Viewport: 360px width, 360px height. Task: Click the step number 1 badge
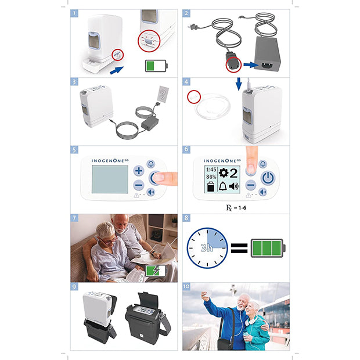(x=74, y=13)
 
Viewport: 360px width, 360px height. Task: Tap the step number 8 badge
(x=186, y=218)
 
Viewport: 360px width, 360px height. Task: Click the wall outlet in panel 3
(x=163, y=94)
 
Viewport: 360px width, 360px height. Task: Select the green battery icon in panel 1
(x=156, y=66)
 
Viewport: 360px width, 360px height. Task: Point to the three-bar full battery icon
(x=268, y=248)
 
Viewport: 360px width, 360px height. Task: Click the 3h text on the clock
(x=207, y=248)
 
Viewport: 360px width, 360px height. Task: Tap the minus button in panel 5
(x=138, y=185)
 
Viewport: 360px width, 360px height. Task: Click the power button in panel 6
(x=268, y=178)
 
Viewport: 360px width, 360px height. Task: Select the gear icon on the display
(x=223, y=172)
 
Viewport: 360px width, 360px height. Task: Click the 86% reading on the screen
(x=211, y=177)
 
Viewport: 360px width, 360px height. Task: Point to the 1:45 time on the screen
(x=211, y=170)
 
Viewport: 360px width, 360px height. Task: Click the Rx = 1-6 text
(x=236, y=208)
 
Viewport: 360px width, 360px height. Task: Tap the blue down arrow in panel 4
(x=239, y=84)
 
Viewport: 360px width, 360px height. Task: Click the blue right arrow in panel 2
(x=251, y=65)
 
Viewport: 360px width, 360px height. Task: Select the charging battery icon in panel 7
(x=156, y=271)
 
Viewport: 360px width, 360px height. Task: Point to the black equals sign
(x=239, y=248)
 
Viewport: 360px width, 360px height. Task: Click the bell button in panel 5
(x=151, y=164)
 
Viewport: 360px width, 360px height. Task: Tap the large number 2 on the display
(x=233, y=173)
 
